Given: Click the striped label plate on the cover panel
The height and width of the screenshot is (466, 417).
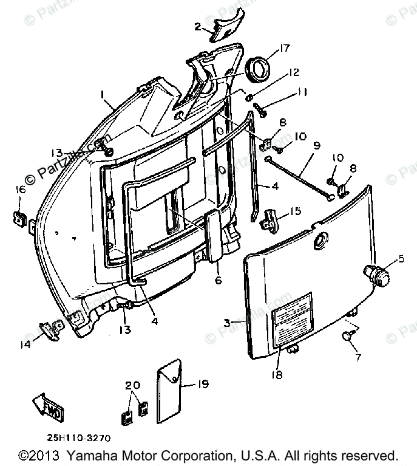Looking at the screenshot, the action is click(293, 318).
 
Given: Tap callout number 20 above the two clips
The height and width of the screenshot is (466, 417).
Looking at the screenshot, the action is click(133, 386).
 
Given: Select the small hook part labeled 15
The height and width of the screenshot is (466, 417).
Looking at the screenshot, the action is click(270, 219).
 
